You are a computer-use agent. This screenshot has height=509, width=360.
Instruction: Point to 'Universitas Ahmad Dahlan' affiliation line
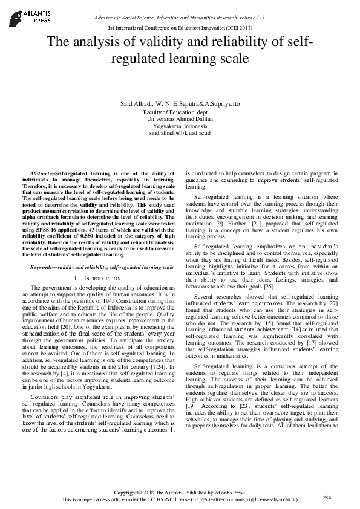coord(180,119)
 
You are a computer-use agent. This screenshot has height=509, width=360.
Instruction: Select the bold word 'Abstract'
coord(41,173)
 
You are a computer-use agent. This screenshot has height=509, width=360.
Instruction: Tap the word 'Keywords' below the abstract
coord(43,267)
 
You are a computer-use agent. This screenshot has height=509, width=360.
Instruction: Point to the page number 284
coord(327,497)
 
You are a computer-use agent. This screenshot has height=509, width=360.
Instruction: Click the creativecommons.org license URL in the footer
coord(242,500)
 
